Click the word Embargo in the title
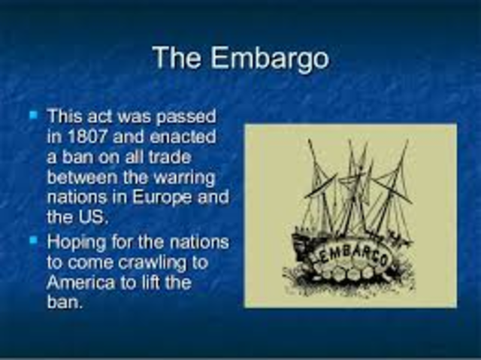(x=280, y=58)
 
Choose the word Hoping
(x=76, y=243)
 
